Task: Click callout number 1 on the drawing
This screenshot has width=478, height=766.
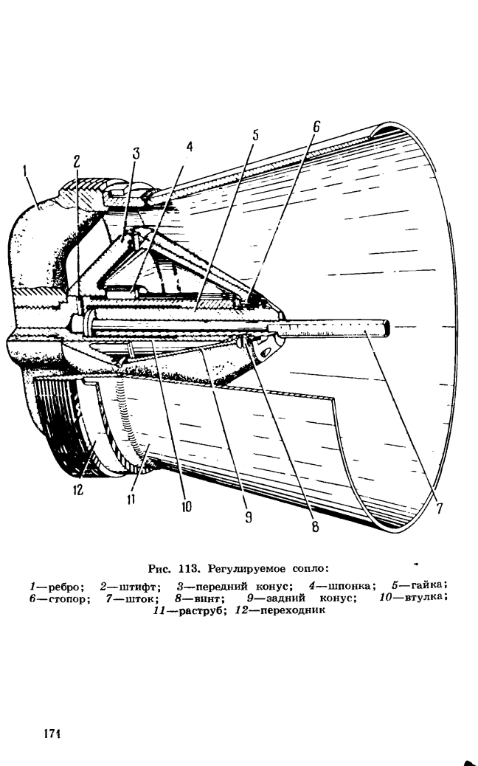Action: [24, 173]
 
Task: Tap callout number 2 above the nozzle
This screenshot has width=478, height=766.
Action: [77, 162]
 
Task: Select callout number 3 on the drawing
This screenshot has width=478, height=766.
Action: [136, 153]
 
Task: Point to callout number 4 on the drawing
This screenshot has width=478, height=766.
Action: [190, 146]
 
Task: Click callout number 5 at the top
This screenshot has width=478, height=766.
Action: [256, 135]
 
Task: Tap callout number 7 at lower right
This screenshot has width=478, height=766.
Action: [440, 508]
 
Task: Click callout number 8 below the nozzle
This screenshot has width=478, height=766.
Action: [315, 526]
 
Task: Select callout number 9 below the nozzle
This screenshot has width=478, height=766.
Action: [249, 517]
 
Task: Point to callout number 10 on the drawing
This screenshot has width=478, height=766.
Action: [186, 507]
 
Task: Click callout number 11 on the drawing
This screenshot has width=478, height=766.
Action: [131, 500]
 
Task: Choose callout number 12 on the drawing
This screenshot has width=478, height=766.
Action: [78, 489]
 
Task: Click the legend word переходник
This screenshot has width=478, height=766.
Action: [292, 610]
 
